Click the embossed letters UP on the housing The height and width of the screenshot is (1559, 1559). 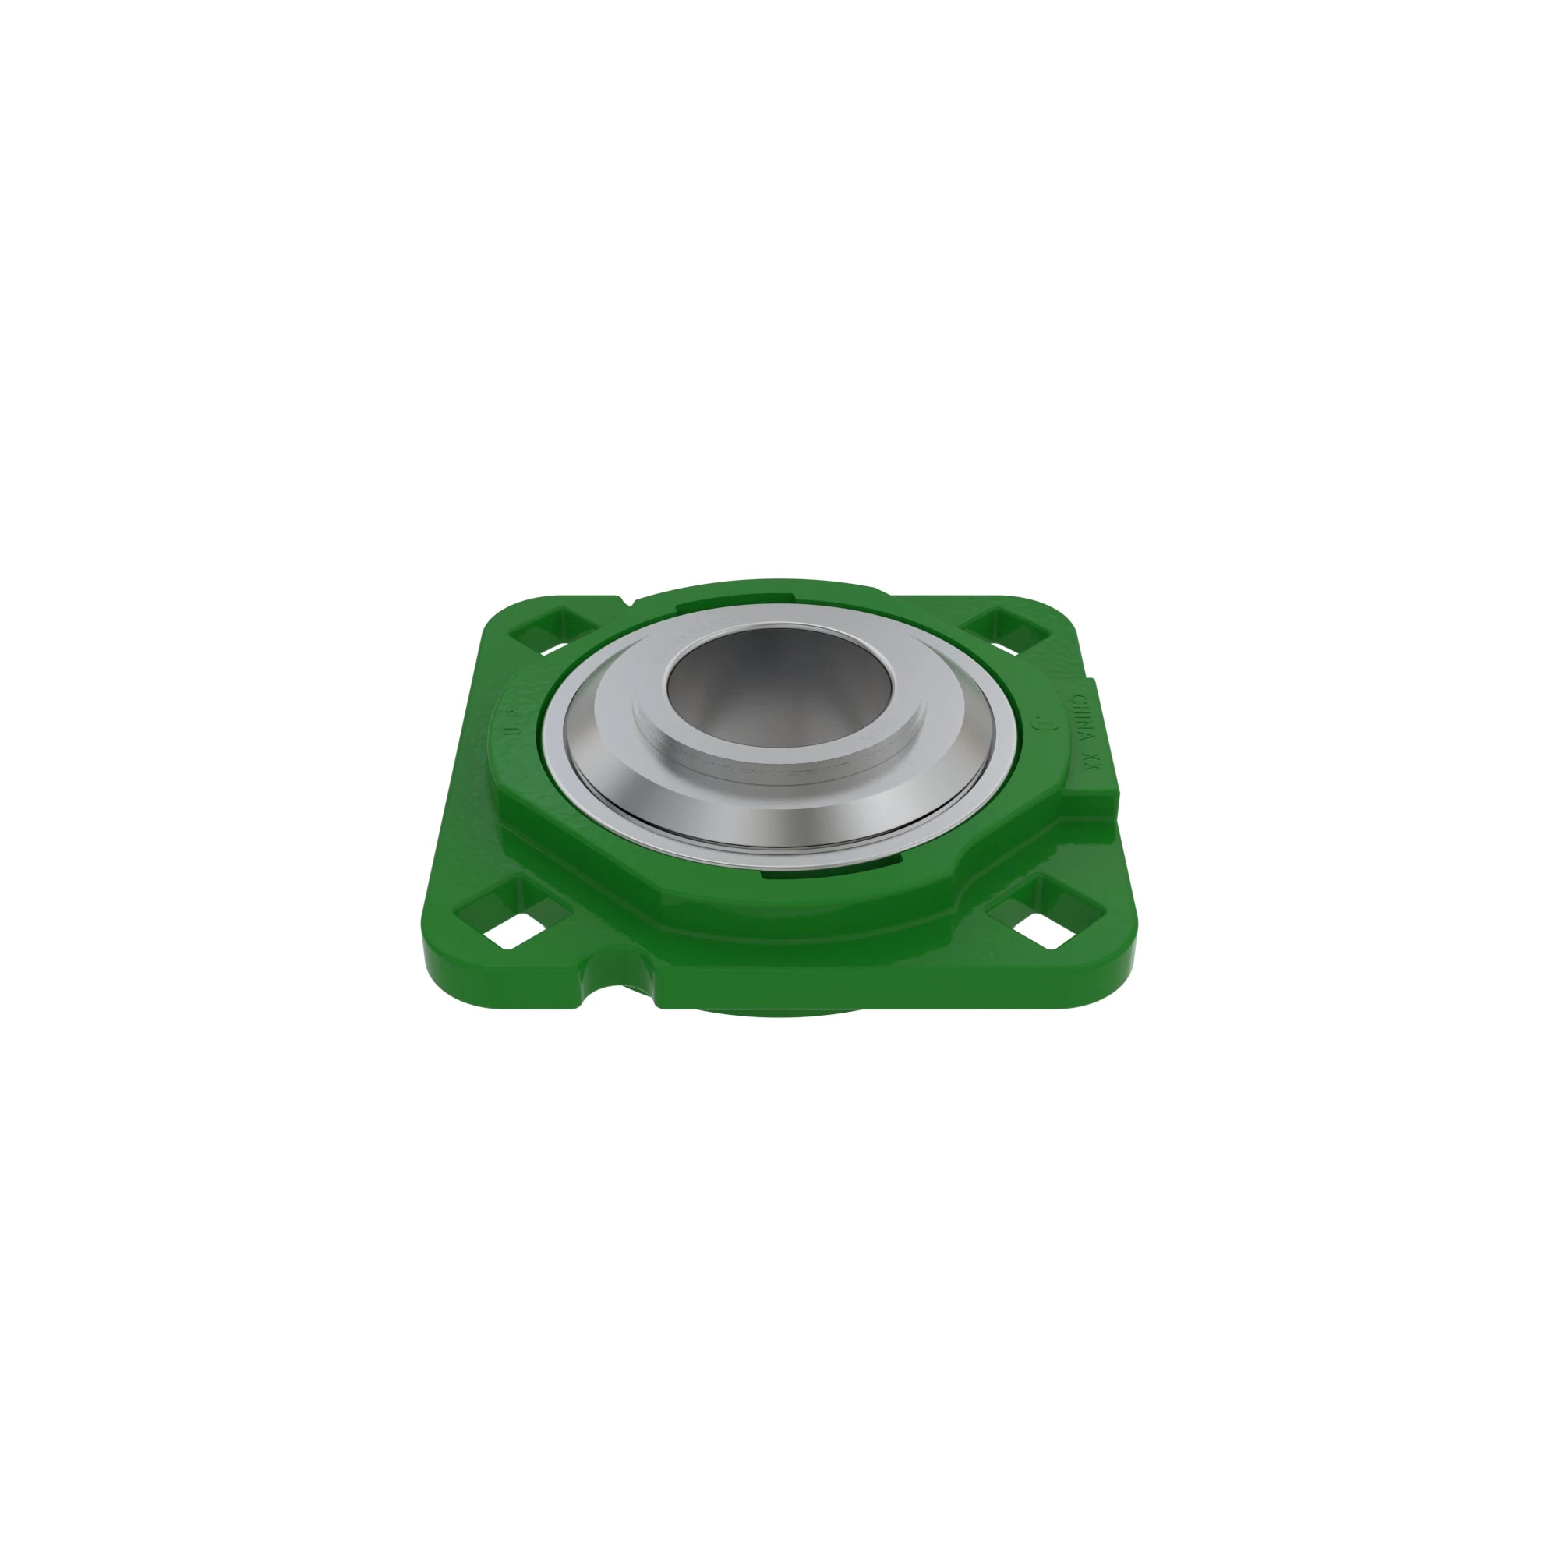tap(513, 720)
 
